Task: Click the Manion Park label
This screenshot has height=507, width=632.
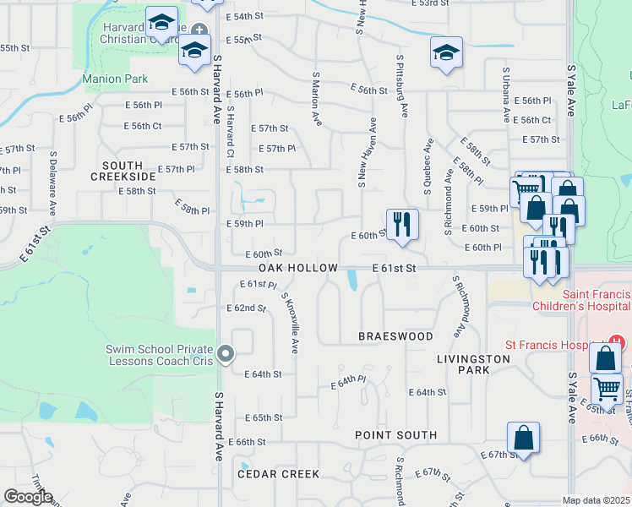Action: (115, 79)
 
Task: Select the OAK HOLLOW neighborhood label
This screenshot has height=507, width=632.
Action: (292, 267)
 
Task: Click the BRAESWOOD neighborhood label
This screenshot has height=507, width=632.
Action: (395, 335)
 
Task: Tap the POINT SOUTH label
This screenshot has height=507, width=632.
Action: (395, 435)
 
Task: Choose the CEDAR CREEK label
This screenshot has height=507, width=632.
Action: (278, 474)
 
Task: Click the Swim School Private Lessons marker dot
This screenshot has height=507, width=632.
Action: (226, 354)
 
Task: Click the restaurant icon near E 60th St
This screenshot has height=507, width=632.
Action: (402, 224)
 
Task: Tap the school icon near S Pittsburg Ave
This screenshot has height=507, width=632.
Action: (446, 52)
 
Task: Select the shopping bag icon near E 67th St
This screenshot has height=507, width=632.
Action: (523, 438)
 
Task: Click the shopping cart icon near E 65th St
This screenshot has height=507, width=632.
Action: (607, 389)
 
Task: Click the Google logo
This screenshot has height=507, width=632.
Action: (28, 497)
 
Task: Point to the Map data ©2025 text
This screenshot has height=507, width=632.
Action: (596, 500)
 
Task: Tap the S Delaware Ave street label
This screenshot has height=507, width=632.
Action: (52, 183)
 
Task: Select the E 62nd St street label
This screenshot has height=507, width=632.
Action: (247, 308)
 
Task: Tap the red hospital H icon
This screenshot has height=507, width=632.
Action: (618, 343)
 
